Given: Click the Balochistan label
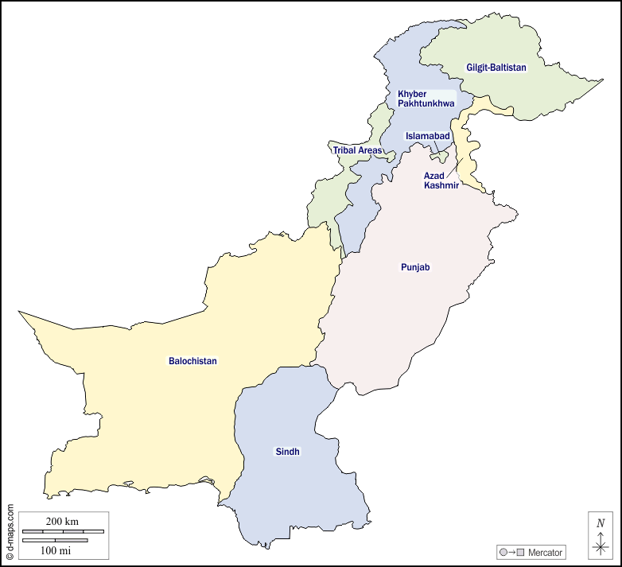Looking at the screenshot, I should (192, 361).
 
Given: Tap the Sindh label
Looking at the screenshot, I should (288, 452).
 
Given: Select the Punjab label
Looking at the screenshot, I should (415, 267).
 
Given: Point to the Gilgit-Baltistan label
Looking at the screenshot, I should (496, 68).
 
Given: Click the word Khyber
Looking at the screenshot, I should (412, 94).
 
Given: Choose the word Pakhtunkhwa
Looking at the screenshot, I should (426, 103).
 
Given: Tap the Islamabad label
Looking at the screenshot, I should (428, 136).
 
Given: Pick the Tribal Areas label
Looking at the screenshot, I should (357, 150).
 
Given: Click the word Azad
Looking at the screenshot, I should (433, 175).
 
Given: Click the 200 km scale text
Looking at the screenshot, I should (62, 521).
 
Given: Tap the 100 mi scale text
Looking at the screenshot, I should (56, 550).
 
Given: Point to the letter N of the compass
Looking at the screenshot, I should (601, 522).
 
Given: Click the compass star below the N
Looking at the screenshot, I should (601, 546).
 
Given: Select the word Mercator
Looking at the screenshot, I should (545, 552).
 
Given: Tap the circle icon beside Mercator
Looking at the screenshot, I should (503, 552).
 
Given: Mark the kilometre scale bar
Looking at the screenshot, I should (63, 530).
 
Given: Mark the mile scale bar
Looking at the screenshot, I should (55, 541).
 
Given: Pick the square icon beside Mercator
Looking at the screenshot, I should (520, 552).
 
